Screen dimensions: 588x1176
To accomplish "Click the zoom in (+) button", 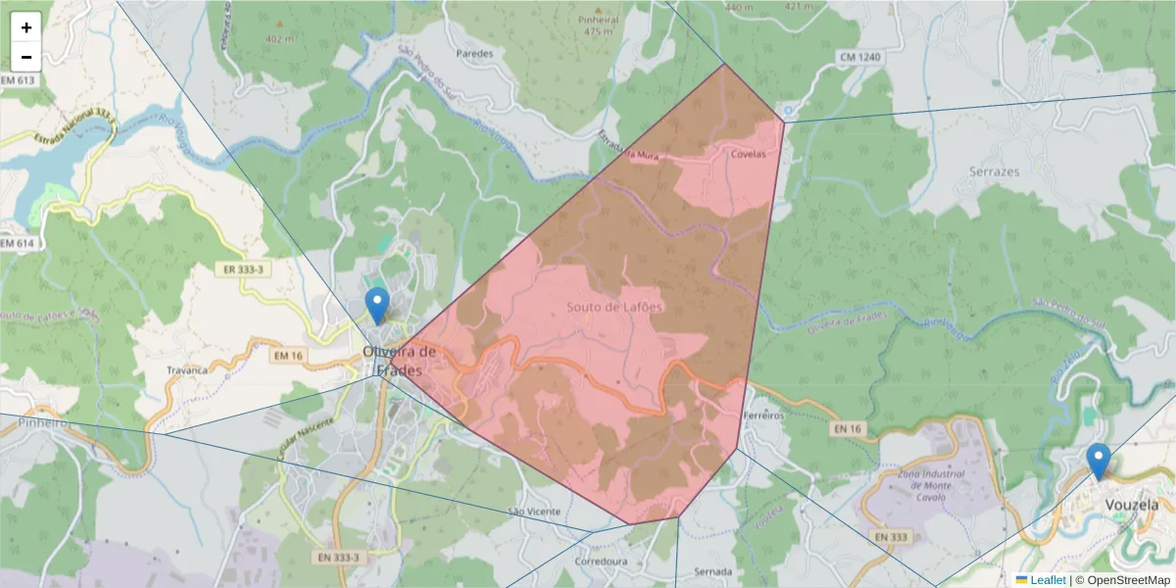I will coord(26,27).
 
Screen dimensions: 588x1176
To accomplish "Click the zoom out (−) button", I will coord(26,57).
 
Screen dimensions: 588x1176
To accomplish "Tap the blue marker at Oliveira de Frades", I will coord(376,305).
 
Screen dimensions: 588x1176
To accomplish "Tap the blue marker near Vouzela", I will coord(1099,461).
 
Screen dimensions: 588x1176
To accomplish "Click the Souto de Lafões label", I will coord(614,307).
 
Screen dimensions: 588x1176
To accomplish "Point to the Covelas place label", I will coord(748,154).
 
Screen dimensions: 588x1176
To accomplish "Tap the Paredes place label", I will coord(475,54).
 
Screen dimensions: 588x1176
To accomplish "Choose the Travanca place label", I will coord(187,370).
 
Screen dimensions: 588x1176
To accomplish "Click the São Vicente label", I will coord(534,512).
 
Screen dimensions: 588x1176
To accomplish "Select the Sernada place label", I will coord(712,571).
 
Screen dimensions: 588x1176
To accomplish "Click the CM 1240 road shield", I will coord(859,58).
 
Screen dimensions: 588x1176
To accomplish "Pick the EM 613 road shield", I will coord(18,78).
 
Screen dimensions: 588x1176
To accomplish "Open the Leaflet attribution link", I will coord(1048,580).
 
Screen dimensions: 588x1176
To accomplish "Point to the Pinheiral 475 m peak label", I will coord(597,25).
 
